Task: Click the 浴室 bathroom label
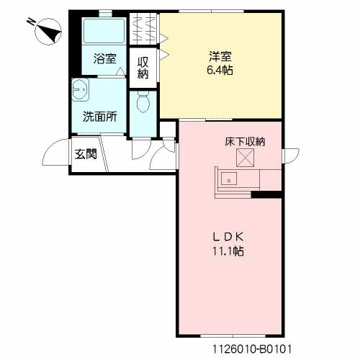coord(105,58)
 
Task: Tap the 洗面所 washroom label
coord(100,117)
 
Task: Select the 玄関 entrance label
coord(86,154)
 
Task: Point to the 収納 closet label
coord(143,68)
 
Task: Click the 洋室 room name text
coord(220,57)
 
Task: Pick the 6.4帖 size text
coord(220,71)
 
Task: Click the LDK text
coord(228,237)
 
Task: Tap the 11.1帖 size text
coord(228,251)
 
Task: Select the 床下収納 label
coord(245,142)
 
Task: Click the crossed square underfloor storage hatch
coord(245,158)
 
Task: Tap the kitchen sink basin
coord(229,179)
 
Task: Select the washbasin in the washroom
coord(80,90)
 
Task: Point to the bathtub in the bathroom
coord(104,30)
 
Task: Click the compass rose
coord(48,32)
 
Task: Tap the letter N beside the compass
coord(31,22)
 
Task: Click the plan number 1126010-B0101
coord(252,348)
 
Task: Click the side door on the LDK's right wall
coord(291,156)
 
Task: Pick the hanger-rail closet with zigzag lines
coord(143,29)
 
